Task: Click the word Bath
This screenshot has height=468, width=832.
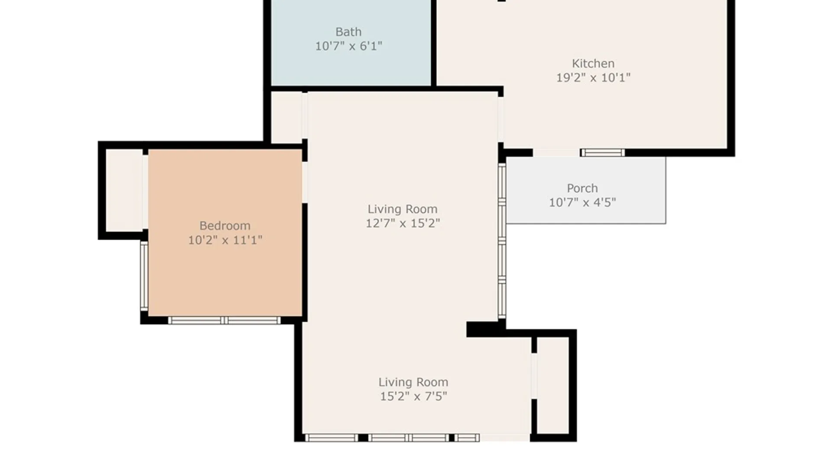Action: [x=348, y=32]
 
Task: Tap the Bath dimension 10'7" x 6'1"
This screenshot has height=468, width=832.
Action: [x=348, y=46]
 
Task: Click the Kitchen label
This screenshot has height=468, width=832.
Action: [x=593, y=64]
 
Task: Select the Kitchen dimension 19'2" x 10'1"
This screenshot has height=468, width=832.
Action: [x=593, y=78]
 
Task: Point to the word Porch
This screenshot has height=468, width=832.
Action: [x=582, y=188]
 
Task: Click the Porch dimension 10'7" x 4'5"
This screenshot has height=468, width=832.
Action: [x=582, y=202]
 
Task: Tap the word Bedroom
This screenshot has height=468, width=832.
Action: [x=224, y=226]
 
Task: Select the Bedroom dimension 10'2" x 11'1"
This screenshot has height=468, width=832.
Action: [x=224, y=240]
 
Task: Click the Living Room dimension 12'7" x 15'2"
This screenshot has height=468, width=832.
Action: [x=403, y=223]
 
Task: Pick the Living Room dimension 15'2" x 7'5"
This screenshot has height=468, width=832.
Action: [x=413, y=396]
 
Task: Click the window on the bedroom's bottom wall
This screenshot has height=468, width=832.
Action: [x=224, y=321]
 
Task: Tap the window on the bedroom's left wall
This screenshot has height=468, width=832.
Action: [x=144, y=276]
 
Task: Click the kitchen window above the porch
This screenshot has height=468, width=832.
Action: [x=602, y=153]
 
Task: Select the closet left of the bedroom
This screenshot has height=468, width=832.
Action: [x=124, y=190]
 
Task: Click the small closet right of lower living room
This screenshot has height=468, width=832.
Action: [x=553, y=385]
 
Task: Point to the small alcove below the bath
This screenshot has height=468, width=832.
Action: [x=286, y=117]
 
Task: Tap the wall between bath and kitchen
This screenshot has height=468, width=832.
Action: [x=433, y=43]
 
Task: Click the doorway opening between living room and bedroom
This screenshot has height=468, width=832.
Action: [x=305, y=182]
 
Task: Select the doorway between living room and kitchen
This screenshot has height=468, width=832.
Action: [x=501, y=119]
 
